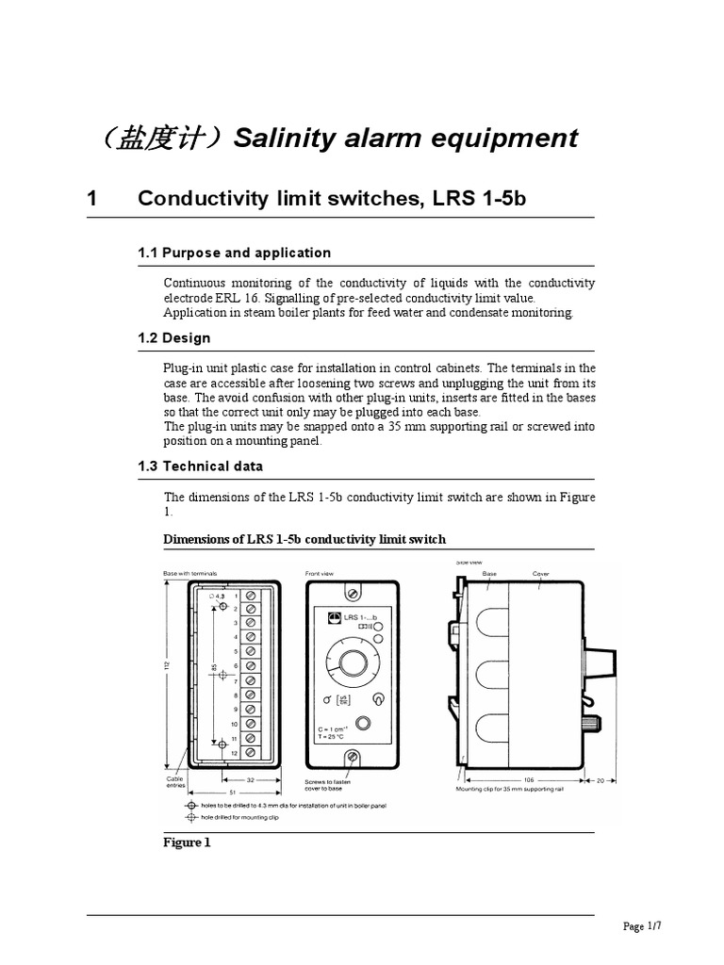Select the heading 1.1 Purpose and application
coord(234,253)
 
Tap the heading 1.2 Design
coord(173,337)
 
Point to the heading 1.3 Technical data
coord(200,466)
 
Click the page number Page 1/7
coord(643,926)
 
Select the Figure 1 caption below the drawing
coord(187,842)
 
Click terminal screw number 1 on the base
coord(250,597)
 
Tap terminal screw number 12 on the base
coord(250,753)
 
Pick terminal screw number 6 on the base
coord(250,666)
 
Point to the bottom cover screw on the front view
coord(351,757)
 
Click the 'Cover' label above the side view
coord(540,573)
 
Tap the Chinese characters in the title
coord(156,139)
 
